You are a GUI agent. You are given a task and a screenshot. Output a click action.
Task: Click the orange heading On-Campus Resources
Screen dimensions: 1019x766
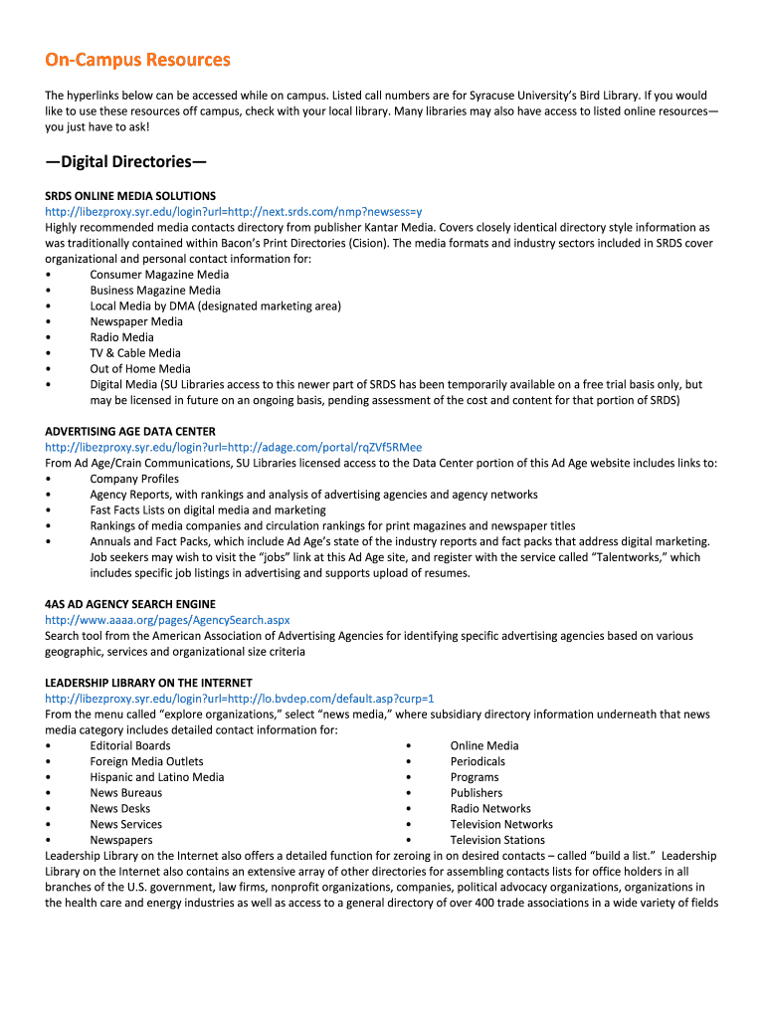137,60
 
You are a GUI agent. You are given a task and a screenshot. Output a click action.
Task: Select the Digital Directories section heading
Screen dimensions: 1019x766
125,161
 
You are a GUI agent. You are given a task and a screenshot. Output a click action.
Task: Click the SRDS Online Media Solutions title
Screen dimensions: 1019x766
130,196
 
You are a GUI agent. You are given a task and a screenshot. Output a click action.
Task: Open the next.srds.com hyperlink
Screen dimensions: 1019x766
233,212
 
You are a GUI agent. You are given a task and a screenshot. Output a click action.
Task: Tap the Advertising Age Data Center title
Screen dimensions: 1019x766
130,432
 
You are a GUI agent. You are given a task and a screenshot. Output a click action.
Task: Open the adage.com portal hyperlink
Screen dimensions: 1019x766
233,448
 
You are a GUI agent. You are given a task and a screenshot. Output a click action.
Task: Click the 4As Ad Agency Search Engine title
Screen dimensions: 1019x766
130,604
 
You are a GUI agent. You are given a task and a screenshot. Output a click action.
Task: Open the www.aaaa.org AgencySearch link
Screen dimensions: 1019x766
167,620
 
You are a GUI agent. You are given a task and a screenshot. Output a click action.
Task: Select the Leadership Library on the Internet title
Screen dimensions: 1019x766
148,683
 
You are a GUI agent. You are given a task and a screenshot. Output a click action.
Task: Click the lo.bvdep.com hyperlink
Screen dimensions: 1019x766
239,699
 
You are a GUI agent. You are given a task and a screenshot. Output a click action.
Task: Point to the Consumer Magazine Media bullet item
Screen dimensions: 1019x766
159,275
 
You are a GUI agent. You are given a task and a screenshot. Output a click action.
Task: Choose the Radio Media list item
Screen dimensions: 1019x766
121,337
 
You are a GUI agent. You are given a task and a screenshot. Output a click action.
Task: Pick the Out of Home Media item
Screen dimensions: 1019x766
140,369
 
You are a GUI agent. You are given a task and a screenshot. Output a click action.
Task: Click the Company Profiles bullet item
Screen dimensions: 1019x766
134,479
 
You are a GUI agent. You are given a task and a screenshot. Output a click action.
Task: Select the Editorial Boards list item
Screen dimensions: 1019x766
130,745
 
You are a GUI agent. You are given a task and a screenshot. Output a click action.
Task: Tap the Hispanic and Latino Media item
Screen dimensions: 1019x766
157,777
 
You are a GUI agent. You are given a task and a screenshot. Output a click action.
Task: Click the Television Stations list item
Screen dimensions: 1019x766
497,840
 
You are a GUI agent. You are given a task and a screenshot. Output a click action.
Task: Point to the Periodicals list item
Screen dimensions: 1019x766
478,761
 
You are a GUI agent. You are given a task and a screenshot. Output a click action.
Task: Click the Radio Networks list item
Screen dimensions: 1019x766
490,808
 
